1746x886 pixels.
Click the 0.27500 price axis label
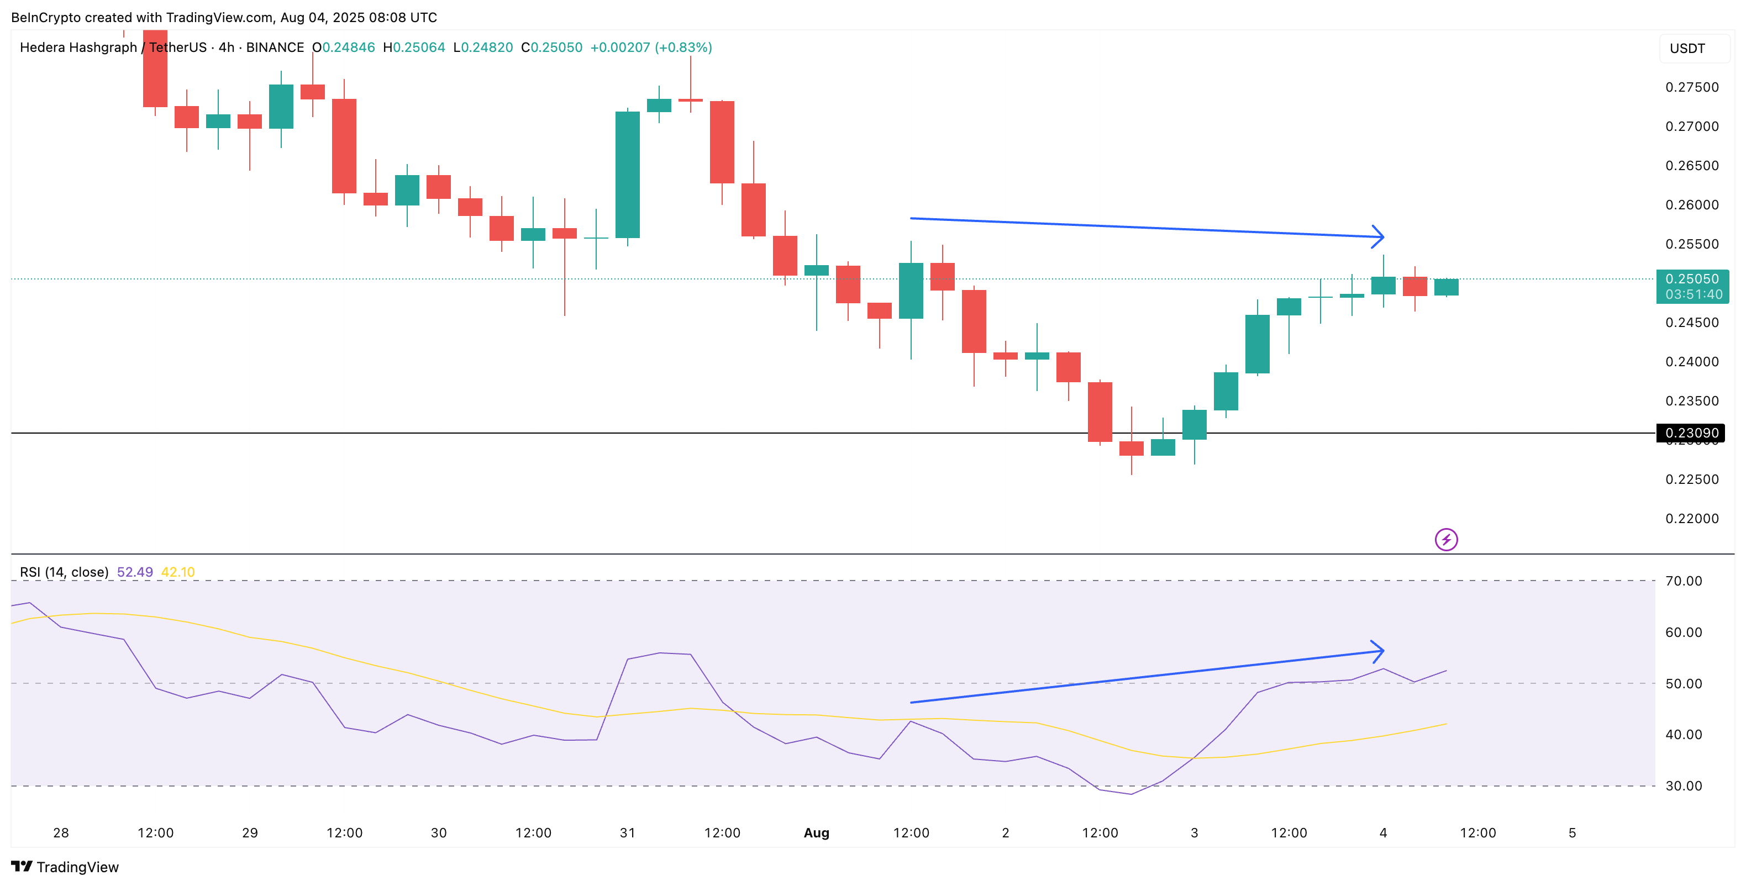point(1692,87)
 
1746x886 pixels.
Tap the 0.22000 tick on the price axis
point(1692,519)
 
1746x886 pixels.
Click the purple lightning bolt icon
point(1446,540)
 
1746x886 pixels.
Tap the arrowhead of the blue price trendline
point(1380,237)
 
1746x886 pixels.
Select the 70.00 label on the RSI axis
point(1684,581)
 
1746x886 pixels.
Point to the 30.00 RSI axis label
point(1684,787)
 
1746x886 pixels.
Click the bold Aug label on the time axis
point(816,833)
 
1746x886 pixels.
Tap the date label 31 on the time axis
point(628,833)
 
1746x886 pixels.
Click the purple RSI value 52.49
point(135,572)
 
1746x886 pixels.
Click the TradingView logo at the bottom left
point(65,867)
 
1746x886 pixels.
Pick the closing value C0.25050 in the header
point(552,48)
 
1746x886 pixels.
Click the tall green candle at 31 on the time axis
point(628,175)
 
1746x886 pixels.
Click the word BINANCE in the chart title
point(275,48)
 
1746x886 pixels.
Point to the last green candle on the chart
point(1446,287)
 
